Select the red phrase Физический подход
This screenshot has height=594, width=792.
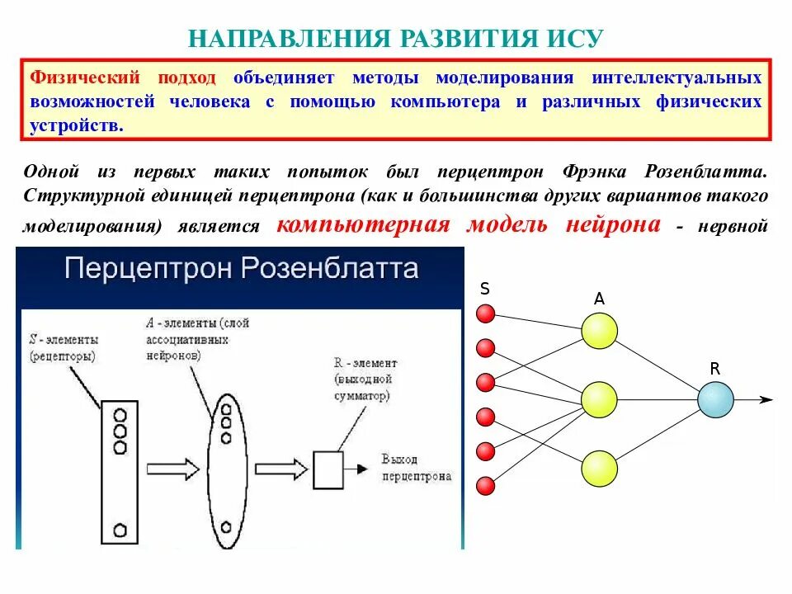(124, 78)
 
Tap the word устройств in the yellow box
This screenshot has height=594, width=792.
(77, 125)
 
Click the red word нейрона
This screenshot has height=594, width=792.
(613, 224)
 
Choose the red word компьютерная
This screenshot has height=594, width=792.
(364, 224)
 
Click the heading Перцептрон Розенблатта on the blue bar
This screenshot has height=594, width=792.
(241, 270)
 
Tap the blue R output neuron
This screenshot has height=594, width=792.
(715, 400)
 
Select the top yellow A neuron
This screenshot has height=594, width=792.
(599, 332)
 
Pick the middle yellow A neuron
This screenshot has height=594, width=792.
(599, 400)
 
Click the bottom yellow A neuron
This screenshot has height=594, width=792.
(599, 469)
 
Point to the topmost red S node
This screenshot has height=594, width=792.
(486, 313)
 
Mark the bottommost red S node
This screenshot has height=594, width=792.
(486, 485)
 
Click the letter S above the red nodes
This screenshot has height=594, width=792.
(485, 289)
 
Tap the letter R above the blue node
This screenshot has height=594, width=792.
(714, 370)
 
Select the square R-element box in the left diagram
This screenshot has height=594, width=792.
(328, 469)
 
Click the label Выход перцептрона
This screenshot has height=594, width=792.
(417, 467)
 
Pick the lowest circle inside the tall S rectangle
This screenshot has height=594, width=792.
(120, 528)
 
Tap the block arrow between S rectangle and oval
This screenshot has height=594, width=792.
(172, 469)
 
